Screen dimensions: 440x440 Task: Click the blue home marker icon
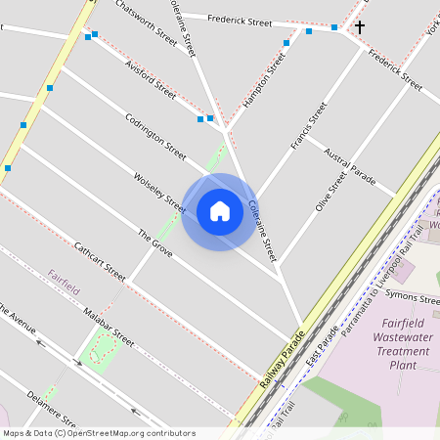point(220,211)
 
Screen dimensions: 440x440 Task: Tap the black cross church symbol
point(359,27)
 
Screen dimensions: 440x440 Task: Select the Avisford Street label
point(151,79)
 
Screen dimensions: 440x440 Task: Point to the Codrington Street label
point(154,137)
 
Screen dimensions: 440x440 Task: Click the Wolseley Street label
point(159,192)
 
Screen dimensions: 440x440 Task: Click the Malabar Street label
point(109,326)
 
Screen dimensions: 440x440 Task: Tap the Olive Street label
point(330,192)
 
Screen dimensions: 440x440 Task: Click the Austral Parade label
point(349,165)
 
